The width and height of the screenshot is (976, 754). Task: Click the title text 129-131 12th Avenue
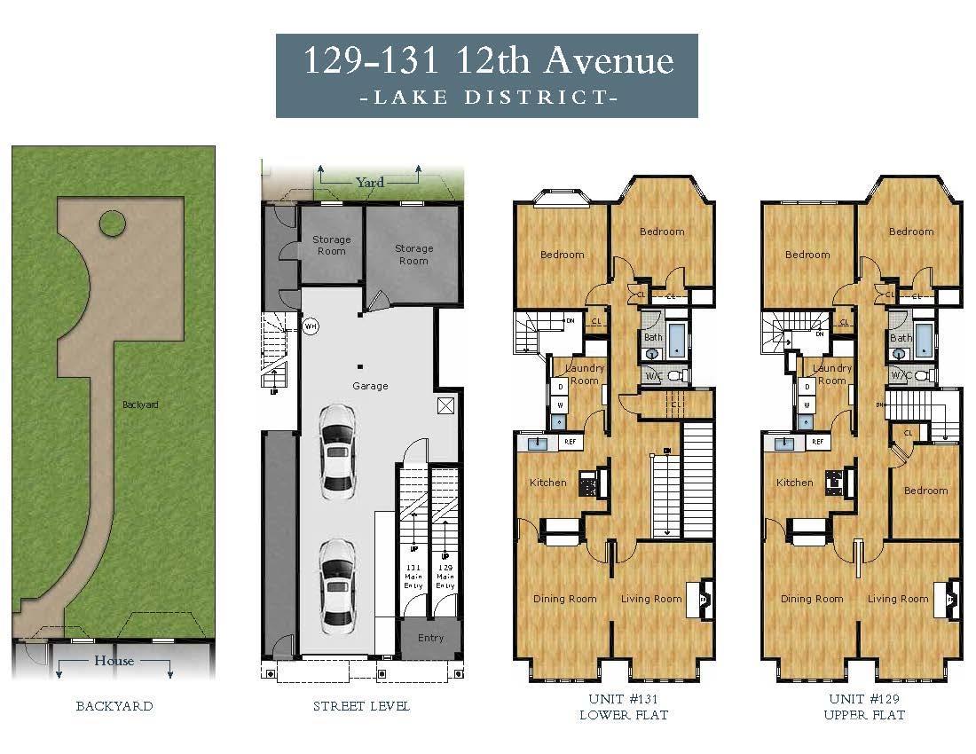point(487,61)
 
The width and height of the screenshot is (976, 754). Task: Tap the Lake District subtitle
point(487,98)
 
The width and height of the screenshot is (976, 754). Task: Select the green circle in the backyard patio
point(112,224)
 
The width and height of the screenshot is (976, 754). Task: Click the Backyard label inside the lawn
point(140,404)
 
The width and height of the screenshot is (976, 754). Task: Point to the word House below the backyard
point(114,661)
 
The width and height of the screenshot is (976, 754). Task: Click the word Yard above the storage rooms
point(370,182)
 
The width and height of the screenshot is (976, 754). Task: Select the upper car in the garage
point(337,449)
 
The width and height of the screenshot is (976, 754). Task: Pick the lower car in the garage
point(337,582)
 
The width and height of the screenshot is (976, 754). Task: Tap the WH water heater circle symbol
point(311,326)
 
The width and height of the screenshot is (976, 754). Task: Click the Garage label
point(370,386)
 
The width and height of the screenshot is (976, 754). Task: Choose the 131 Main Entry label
point(412,577)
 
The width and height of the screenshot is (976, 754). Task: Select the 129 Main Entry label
point(445,577)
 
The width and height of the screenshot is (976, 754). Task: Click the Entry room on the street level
point(430,638)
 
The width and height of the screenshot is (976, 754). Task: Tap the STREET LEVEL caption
point(361,707)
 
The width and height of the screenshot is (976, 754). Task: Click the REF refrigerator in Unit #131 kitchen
point(570,442)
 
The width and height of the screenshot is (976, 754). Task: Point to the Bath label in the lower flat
point(653,337)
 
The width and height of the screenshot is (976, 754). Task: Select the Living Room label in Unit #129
point(898,599)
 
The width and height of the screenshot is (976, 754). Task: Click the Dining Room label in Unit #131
point(564,599)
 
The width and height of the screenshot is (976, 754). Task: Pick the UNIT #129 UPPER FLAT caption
point(864,707)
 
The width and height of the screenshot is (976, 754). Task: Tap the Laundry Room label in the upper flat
point(831,374)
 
